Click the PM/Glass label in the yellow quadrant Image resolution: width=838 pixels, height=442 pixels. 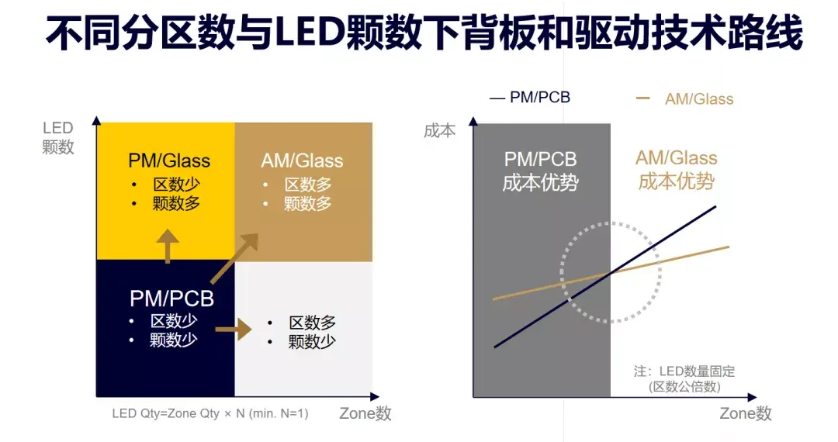[169, 161]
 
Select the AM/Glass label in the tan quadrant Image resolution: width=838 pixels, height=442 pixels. [302, 161]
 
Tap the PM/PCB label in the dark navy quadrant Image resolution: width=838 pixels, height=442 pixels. [171, 298]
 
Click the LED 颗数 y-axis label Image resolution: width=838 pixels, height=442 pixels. [58, 137]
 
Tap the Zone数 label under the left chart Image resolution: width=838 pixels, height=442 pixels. [365, 413]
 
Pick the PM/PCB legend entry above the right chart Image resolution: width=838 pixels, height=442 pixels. [531, 97]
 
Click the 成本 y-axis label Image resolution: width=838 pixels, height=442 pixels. [440, 130]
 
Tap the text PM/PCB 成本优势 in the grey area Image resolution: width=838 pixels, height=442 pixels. [541, 171]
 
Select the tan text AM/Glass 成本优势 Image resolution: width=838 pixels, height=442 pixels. [677, 169]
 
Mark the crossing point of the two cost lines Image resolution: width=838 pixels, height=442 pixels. [611, 271]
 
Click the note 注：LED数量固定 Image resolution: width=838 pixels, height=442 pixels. [684, 371]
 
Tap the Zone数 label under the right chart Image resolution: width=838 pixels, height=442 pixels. [746, 413]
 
